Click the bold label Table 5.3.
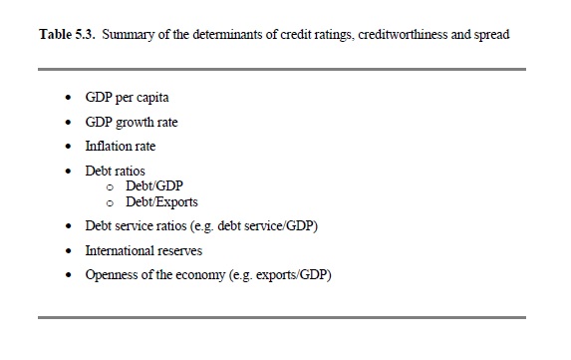pos(67,34)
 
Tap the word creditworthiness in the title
pos(403,34)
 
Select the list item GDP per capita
pos(127,98)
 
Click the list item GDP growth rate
pos(132,122)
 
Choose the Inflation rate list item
pos(121,147)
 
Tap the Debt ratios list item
pos(115,171)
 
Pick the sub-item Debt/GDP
pos(154,185)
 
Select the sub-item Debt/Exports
pos(161,202)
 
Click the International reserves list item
pos(143,250)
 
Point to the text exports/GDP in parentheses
pos(291,275)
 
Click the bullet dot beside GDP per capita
pos(68,98)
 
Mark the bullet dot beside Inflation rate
pos(68,147)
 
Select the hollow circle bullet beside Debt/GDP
pos(110,187)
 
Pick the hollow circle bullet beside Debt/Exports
pos(110,203)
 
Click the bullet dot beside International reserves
pos(68,251)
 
